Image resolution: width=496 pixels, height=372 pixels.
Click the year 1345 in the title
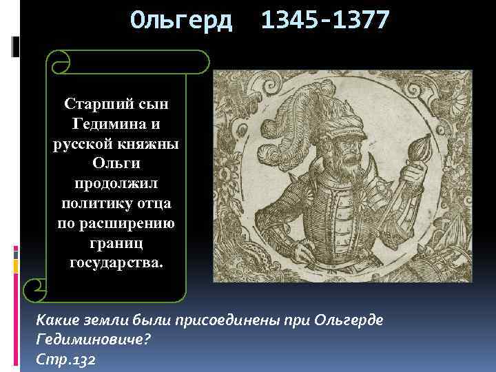289,20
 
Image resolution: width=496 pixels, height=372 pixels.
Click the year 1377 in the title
358,20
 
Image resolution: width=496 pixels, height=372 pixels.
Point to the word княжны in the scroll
146,145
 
